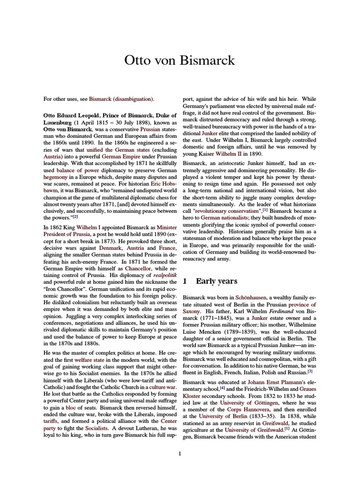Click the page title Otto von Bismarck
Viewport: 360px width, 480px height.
180,60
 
